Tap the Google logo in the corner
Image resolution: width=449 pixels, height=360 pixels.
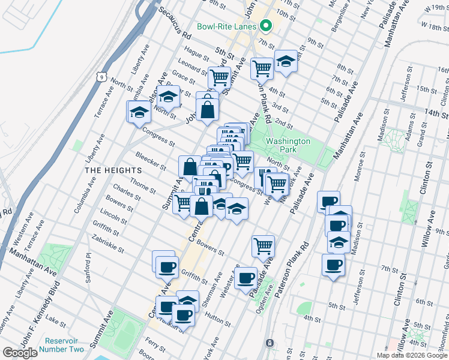(x=20, y=353)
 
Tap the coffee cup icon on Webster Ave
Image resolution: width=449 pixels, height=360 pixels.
(x=245, y=277)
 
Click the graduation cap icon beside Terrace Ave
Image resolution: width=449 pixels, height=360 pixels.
(x=139, y=112)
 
